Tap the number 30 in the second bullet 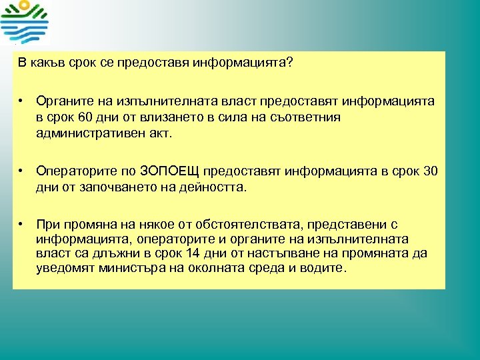[x=430, y=171]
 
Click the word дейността [x=210, y=187]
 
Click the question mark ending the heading [x=289, y=63]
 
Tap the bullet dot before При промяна [x=21, y=225]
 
